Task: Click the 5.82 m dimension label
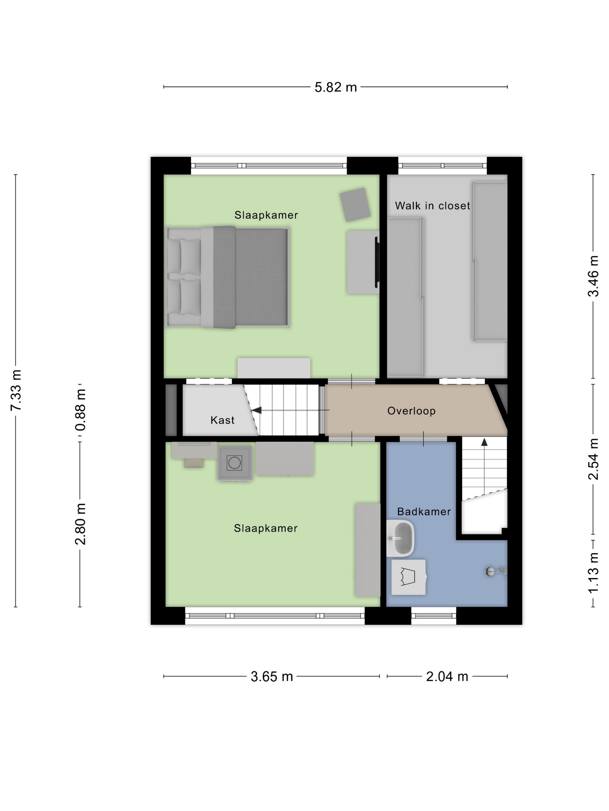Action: tap(336, 87)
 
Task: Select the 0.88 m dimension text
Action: tap(80, 410)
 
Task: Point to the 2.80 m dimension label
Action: tap(80, 524)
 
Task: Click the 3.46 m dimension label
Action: tap(594, 276)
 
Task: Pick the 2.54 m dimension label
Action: tap(594, 459)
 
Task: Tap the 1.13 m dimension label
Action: tap(594, 573)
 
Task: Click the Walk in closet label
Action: tap(432, 206)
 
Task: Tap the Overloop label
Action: tap(412, 411)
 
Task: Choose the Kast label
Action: tap(222, 420)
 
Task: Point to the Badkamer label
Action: tap(424, 512)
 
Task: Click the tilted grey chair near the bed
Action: tap(355, 204)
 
